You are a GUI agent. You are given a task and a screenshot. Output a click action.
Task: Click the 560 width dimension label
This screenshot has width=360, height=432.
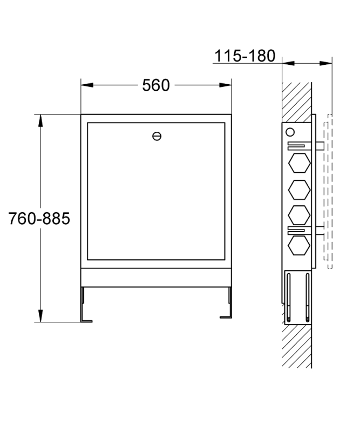156,85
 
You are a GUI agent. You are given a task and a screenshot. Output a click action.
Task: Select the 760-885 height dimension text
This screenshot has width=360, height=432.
39,219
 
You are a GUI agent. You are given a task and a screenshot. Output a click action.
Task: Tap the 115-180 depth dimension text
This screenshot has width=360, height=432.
244,56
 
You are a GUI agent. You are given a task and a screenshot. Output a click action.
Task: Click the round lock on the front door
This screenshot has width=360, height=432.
157,136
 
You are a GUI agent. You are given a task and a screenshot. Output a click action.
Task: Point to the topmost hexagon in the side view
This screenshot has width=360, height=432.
300,163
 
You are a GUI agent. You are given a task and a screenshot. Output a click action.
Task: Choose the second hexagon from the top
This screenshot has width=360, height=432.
300,190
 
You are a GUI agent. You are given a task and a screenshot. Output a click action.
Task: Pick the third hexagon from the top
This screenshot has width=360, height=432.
300,215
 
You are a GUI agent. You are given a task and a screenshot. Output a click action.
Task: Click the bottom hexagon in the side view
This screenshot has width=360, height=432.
300,246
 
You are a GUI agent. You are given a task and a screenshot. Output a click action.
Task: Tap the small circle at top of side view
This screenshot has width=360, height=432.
290,132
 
